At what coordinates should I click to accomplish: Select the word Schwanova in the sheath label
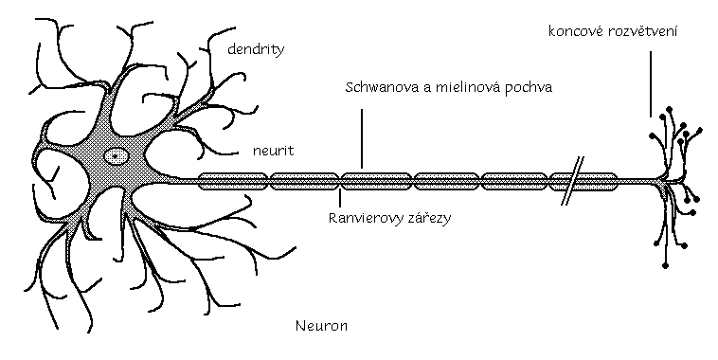[376, 86]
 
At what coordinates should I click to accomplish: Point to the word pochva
[530, 86]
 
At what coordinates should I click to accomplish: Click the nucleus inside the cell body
[117, 154]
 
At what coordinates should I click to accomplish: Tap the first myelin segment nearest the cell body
[234, 179]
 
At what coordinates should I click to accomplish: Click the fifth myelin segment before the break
[514, 179]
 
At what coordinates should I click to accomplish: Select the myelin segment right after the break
[599, 179]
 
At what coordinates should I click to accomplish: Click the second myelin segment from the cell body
[304, 179]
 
